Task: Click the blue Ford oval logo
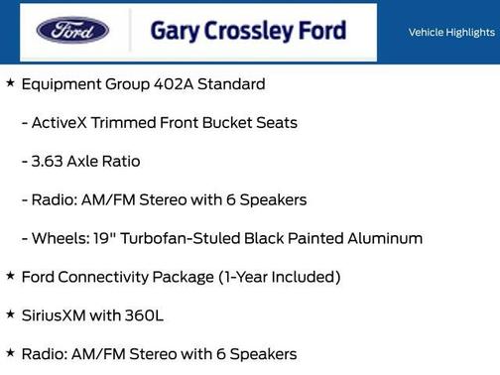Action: pos(72,30)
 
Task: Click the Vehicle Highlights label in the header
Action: pos(451,33)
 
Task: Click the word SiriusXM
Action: pos(56,314)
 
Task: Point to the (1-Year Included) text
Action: pos(279,277)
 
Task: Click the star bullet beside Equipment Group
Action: pos(10,83)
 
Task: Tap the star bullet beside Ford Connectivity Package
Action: pos(10,276)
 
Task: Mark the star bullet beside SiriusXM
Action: pos(10,313)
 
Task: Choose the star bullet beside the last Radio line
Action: pos(10,352)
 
